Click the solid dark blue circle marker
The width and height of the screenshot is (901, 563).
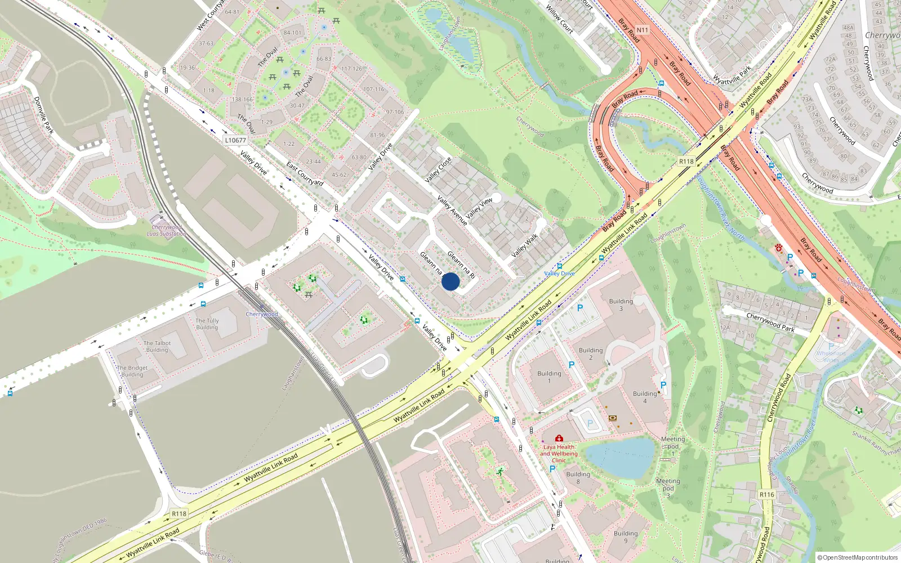point(450,281)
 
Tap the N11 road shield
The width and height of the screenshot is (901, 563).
point(643,30)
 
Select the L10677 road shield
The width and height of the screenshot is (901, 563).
point(235,140)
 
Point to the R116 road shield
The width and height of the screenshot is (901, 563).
point(766,494)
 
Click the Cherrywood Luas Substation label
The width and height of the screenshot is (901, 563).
point(167,230)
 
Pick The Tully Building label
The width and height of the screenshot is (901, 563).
point(207,324)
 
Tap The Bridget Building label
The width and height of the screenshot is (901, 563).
point(132,371)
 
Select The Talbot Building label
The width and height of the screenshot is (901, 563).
point(157,346)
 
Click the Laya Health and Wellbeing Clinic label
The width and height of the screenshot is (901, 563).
point(559,453)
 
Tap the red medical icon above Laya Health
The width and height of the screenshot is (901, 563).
point(559,438)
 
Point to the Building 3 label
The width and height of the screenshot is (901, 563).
point(621,305)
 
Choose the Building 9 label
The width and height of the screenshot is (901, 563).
point(626,537)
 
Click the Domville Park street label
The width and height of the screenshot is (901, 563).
point(44,115)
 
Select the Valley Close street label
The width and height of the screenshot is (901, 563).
point(438,169)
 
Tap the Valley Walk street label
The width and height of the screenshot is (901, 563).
point(524,246)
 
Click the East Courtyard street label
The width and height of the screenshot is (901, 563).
point(305,174)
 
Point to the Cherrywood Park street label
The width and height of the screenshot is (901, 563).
point(770,323)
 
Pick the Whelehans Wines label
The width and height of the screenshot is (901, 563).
point(831,356)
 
